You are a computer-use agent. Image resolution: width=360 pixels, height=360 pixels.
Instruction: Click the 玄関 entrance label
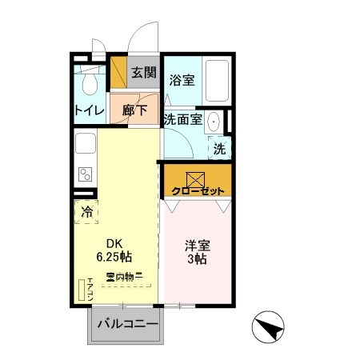(x=143, y=73)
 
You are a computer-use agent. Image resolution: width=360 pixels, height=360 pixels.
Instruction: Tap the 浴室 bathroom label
(x=182, y=80)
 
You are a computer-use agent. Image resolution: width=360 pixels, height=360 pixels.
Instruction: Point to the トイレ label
(x=88, y=110)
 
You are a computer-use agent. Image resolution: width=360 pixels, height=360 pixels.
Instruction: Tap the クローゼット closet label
(x=198, y=191)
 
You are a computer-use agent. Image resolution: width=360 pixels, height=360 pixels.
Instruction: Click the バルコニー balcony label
(x=123, y=325)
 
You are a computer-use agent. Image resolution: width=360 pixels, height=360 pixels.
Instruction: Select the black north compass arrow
(x=268, y=328)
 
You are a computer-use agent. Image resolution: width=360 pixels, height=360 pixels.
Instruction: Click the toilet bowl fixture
(x=90, y=83)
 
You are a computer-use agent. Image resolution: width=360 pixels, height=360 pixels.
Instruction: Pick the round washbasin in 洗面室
(x=214, y=122)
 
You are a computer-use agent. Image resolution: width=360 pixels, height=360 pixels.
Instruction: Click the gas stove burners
(x=85, y=174)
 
